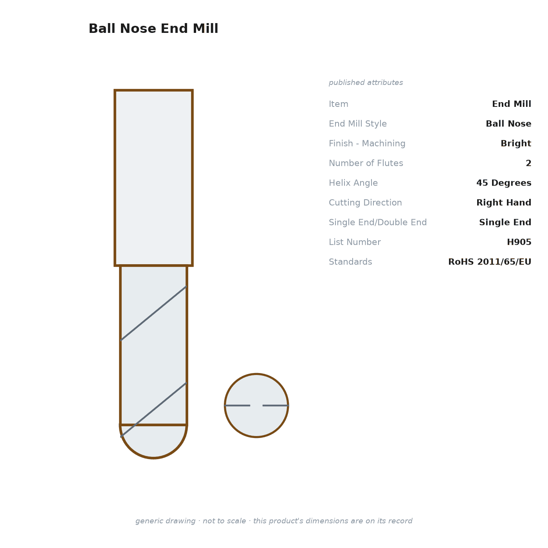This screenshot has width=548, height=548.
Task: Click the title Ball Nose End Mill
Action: [x=153, y=29]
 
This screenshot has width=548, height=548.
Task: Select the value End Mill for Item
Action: [x=511, y=104]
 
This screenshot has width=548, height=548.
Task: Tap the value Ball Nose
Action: [x=508, y=124]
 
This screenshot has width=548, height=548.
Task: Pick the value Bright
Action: [x=516, y=143]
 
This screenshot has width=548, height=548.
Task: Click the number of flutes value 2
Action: [x=528, y=163]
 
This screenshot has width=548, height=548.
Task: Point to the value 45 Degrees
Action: [x=504, y=183]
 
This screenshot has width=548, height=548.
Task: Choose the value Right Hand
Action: [x=504, y=202]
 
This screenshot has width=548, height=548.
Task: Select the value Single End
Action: [x=505, y=222]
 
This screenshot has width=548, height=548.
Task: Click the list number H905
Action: [x=519, y=242]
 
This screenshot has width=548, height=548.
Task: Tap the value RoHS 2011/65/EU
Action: [x=489, y=261]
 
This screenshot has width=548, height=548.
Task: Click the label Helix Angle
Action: [x=353, y=183]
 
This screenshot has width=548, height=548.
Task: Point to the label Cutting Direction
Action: [x=365, y=202]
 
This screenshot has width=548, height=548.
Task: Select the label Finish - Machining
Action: [x=367, y=143]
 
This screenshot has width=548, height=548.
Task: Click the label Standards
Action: [x=350, y=261]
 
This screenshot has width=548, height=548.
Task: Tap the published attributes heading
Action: [x=366, y=83]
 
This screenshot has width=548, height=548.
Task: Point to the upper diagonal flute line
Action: [x=153, y=313]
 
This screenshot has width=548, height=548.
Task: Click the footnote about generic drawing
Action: [x=274, y=521]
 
